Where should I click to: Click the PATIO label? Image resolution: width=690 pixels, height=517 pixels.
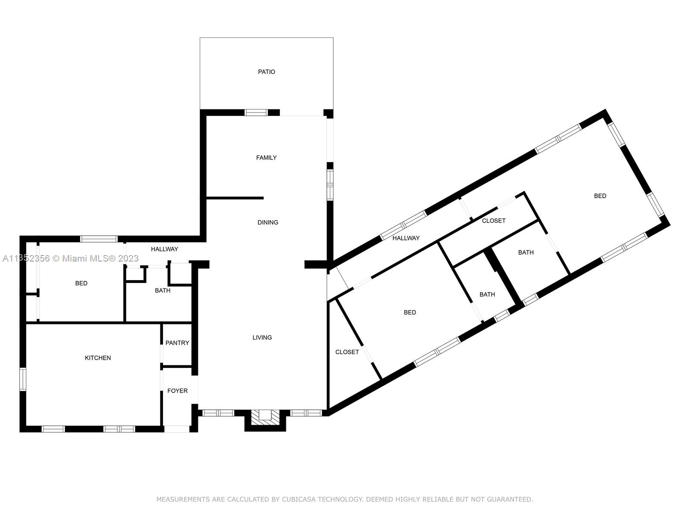tap(266, 72)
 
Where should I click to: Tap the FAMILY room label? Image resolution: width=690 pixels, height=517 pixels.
tap(266, 158)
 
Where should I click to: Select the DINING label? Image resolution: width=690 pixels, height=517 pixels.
tap(267, 223)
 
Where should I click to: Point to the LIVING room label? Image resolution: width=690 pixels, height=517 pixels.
tap(262, 337)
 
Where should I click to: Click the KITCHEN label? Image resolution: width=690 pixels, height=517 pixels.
tap(98, 358)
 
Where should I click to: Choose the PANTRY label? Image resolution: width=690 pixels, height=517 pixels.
tap(177, 343)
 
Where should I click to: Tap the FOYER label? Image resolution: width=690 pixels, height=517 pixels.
tap(177, 391)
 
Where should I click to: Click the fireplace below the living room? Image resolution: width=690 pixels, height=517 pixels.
tap(265, 420)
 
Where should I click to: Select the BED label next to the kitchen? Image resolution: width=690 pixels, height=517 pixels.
tap(81, 283)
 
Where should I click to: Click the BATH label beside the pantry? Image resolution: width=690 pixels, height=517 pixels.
tap(163, 291)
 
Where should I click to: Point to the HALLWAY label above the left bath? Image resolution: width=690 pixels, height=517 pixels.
tap(164, 249)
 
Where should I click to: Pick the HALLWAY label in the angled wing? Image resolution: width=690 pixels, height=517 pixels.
tap(406, 238)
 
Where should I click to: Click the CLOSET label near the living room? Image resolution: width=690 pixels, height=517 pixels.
tap(347, 352)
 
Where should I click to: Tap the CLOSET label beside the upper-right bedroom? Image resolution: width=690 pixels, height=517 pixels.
tap(493, 221)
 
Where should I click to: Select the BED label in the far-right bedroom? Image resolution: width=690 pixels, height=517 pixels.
tap(600, 196)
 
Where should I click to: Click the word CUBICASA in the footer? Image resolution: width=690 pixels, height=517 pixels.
tap(298, 499)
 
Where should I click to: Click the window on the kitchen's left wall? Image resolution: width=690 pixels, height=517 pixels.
tap(22, 380)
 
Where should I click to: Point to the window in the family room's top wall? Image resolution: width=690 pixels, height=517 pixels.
tap(256, 112)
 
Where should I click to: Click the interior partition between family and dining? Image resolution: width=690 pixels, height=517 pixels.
tap(235, 198)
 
